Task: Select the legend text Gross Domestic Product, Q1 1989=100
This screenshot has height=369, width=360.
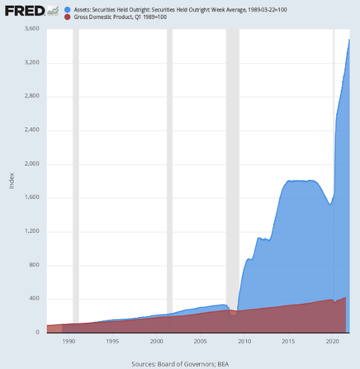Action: click(x=120, y=17)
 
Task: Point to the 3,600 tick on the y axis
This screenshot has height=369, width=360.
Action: click(x=30, y=29)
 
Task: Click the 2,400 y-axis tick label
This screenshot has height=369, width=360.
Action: click(x=30, y=130)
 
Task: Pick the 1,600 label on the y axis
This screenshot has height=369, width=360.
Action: click(x=30, y=198)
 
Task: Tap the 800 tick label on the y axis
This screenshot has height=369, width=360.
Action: click(x=33, y=265)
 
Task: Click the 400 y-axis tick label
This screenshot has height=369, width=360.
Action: click(x=33, y=299)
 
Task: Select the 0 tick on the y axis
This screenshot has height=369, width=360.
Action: click(x=37, y=333)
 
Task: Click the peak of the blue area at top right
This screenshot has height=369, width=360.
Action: click(x=349, y=40)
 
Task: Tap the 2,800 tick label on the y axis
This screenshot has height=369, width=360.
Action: click(x=30, y=96)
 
